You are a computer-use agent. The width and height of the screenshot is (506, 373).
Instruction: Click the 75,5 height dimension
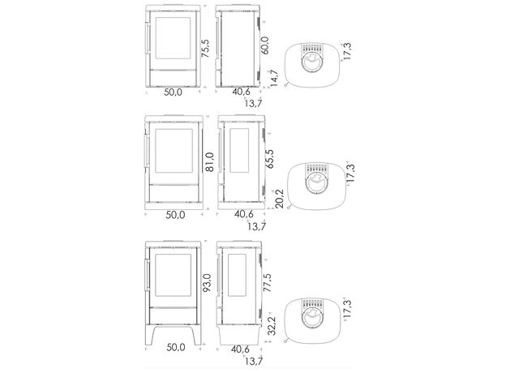[x=205, y=49]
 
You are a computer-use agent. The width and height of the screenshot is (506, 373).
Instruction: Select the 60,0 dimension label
[x=264, y=45]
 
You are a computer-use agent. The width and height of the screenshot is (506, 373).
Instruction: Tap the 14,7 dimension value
[x=274, y=78]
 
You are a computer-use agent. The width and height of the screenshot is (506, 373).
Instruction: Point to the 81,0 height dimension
[x=209, y=162]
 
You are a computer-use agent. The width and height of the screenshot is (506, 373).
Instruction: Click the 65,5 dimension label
[x=269, y=158]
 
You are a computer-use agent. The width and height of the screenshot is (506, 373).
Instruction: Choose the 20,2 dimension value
[x=279, y=199]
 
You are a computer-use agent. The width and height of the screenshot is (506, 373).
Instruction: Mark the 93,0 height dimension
[x=207, y=283]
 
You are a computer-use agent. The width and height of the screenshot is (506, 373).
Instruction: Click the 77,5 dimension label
[x=268, y=283]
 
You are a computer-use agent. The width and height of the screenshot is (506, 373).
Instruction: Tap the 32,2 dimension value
[x=272, y=326]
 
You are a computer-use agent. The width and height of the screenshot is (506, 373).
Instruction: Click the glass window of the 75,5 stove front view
[x=173, y=38]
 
